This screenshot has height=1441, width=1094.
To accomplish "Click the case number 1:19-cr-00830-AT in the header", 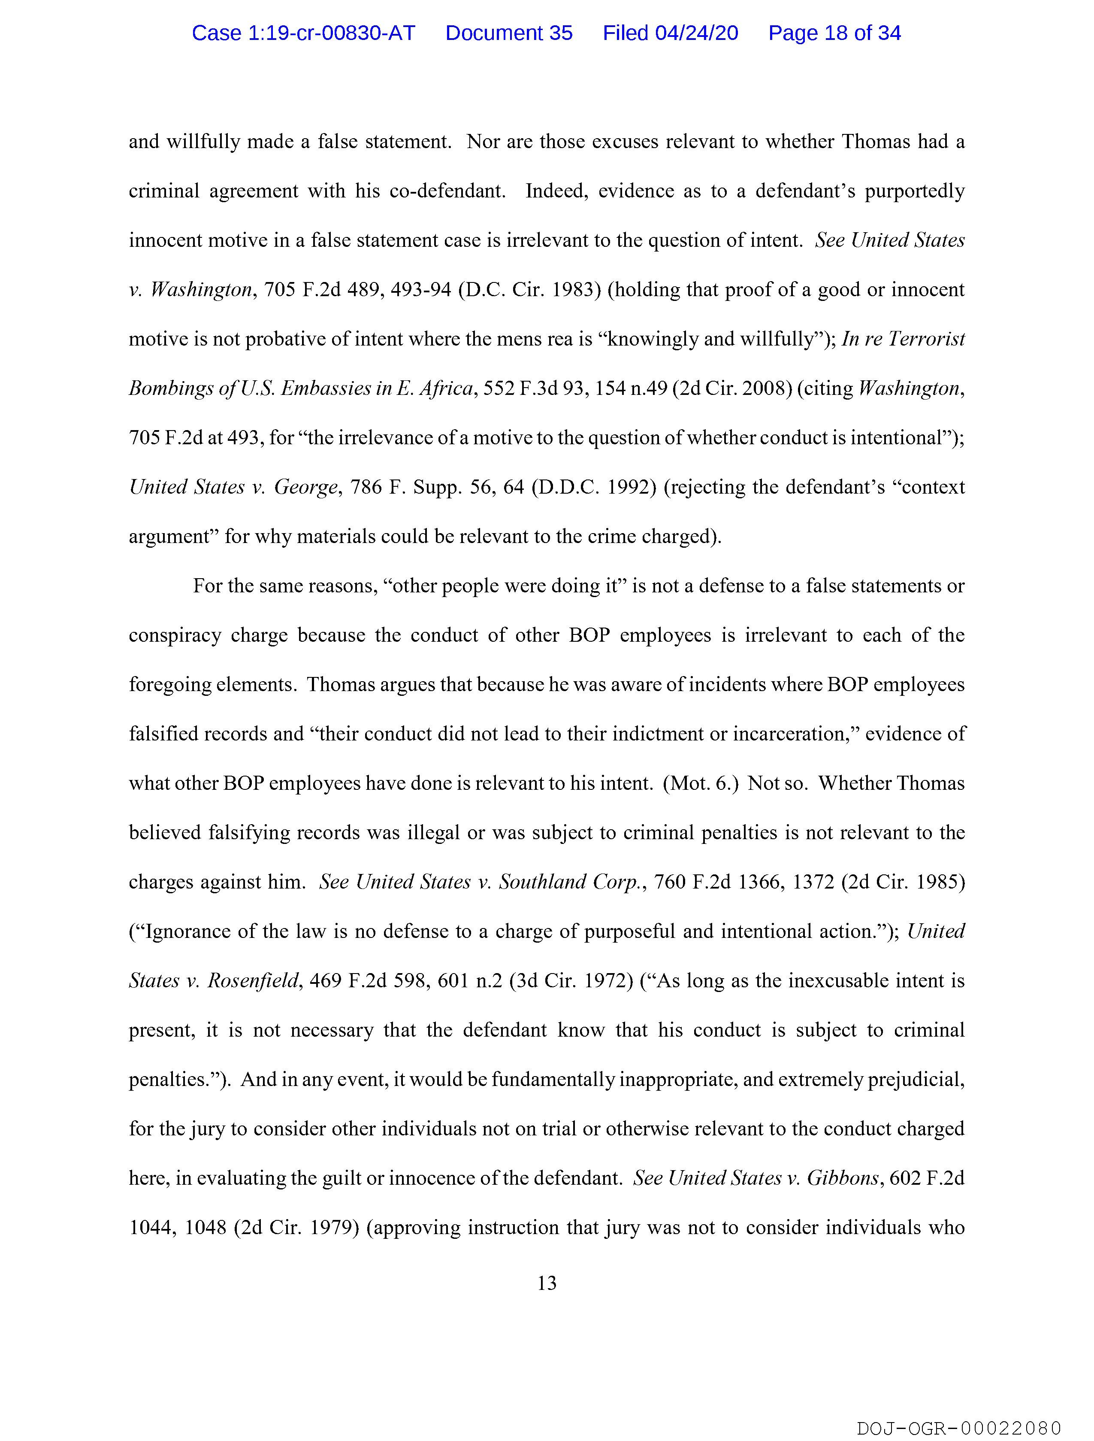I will pyautogui.click(x=303, y=33).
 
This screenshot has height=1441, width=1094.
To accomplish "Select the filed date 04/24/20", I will pyautogui.click(x=696, y=33).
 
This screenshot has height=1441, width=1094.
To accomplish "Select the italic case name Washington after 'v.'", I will pyautogui.click(x=201, y=289).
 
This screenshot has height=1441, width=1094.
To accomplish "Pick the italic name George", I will pyautogui.click(x=306, y=487).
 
